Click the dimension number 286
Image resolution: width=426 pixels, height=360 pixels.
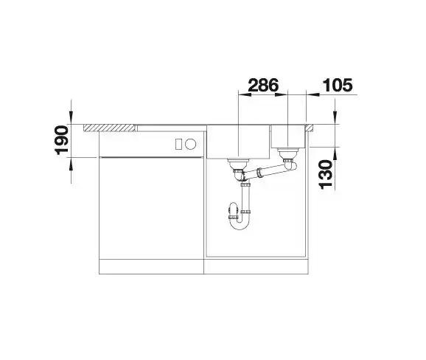263,85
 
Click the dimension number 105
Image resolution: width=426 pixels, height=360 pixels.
337,85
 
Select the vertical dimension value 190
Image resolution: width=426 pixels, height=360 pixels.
62,140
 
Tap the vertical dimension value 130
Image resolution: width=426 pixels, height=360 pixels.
326,174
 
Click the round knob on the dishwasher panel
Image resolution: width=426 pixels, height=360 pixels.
191,144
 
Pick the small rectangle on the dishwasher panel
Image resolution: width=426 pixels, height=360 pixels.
178,144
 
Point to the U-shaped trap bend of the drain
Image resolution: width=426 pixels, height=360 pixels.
239,224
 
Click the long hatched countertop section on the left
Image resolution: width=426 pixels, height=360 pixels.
110,128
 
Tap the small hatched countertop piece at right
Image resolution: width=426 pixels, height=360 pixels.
309,128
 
